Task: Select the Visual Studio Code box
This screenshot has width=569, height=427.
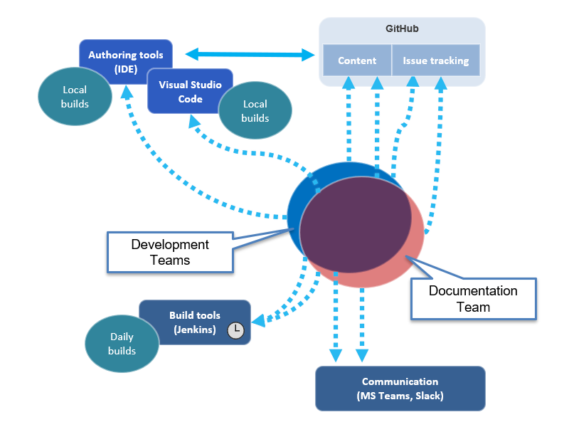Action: click(190, 91)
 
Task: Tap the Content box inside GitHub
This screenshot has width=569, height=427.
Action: click(357, 60)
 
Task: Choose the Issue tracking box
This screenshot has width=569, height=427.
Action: click(436, 60)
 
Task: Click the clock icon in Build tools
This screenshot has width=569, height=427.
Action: click(235, 330)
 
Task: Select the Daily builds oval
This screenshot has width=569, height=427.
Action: click(122, 344)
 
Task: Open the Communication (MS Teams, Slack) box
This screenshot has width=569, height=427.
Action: click(400, 389)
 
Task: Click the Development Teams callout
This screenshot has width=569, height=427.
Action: click(170, 252)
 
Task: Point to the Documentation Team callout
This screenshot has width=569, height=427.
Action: click(473, 299)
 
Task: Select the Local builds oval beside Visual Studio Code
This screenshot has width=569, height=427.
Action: click(255, 111)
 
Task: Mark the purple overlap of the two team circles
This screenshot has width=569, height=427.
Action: click(356, 224)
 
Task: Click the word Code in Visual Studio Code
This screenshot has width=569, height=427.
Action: click(190, 99)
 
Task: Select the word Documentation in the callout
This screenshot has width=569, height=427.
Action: click(473, 291)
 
